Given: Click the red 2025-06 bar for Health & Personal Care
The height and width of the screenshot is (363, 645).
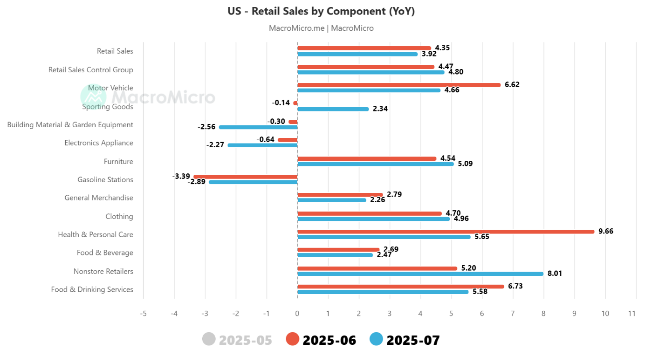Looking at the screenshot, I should coord(446,232).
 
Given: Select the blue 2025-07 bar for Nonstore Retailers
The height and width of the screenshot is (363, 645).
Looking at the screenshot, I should coord(420,274).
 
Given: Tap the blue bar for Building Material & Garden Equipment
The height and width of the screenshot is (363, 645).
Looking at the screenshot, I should coord(258,127).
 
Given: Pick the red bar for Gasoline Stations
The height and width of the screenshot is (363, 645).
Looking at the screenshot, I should coord(246,177).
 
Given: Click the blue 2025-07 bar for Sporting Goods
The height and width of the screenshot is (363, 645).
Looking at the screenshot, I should coord(333,109).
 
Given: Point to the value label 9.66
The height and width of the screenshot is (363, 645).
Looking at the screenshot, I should coord(606,231).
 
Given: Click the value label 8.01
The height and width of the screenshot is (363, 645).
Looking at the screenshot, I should coord(555,274).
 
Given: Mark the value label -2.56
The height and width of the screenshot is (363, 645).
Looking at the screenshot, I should coord(206,127).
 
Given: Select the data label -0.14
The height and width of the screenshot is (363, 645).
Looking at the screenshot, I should coord(281,103).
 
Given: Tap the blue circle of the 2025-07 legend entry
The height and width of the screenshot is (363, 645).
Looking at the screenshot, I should coord(376,339).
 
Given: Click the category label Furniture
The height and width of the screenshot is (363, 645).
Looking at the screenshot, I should coord(118,162).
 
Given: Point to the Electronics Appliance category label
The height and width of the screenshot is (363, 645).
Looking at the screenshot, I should coord(99,143).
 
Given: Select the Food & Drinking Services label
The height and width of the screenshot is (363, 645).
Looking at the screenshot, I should coord(92,289).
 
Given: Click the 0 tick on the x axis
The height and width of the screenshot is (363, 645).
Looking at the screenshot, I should coord(297,314).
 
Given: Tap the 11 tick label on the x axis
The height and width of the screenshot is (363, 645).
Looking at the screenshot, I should coord(632,314).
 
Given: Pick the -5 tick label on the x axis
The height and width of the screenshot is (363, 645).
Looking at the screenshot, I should coord(144,314).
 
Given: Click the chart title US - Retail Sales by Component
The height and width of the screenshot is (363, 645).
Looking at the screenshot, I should coord(321,11).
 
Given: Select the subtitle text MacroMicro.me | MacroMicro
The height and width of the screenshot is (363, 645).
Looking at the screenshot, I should coord(321,28).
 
